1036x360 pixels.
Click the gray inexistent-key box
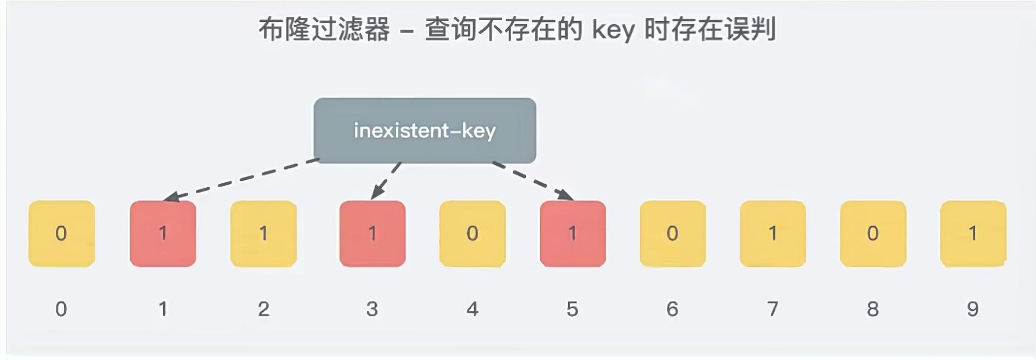pyautogui.click(x=425, y=131)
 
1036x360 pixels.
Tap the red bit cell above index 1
pyautogui.click(x=163, y=234)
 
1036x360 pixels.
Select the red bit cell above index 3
pyautogui.click(x=372, y=234)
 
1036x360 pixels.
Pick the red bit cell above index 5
pyautogui.click(x=572, y=234)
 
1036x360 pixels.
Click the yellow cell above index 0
pyautogui.click(x=62, y=234)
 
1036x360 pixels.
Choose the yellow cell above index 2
pyautogui.click(x=264, y=234)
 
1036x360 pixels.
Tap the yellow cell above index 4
pyautogui.click(x=472, y=234)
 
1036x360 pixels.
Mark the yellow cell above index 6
pyautogui.click(x=672, y=234)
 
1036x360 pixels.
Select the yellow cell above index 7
pyautogui.click(x=772, y=234)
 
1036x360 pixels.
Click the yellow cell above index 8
pyautogui.click(x=873, y=234)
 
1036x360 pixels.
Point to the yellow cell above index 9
pyautogui.click(x=973, y=234)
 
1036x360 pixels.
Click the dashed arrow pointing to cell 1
pyautogui.click(x=241, y=179)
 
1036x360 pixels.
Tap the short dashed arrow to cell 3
pyautogui.click(x=386, y=181)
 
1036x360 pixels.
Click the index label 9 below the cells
pyautogui.click(x=973, y=309)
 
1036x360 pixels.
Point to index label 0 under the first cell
pyautogui.click(x=61, y=309)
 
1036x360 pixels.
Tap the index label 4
pyautogui.click(x=472, y=309)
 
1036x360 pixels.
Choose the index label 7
pyautogui.click(x=772, y=309)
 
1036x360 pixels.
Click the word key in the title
pyautogui.click(x=613, y=30)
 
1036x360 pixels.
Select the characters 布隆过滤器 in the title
pyautogui.click(x=324, y=29)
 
